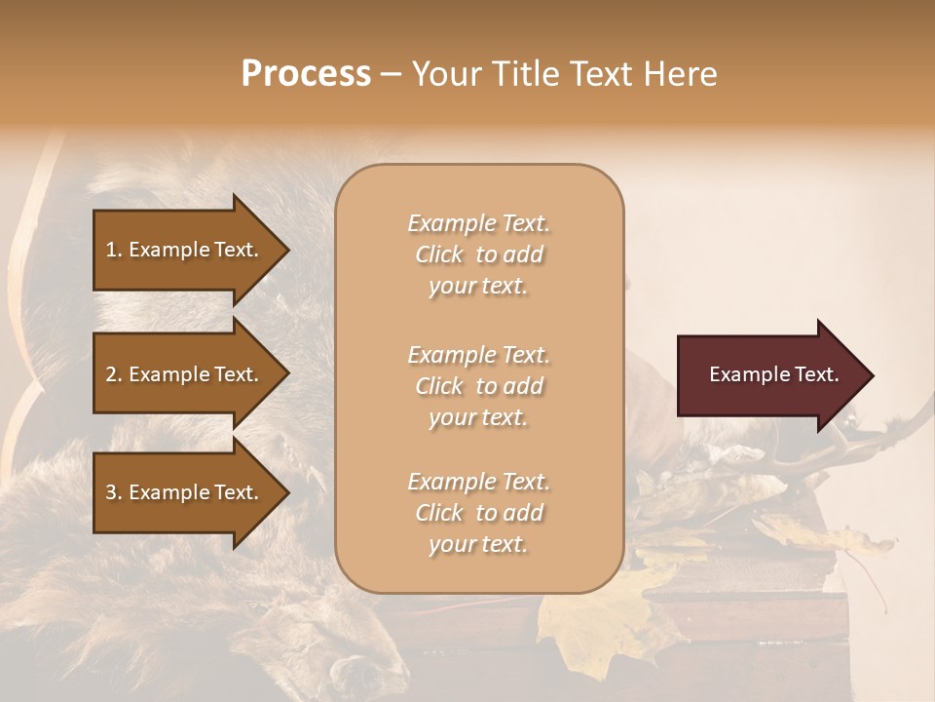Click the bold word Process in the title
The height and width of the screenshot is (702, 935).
(306, 74)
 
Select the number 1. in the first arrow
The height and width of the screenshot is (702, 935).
(114, 250)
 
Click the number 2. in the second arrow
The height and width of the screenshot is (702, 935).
(114, 374)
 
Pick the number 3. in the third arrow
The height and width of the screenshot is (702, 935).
(114, 492)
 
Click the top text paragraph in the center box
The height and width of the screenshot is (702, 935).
(478, 254)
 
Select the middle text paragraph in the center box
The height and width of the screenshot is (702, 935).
(478, 386)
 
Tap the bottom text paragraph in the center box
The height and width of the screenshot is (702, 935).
(478, 513)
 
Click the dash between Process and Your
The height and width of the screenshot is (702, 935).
(391, 74)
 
